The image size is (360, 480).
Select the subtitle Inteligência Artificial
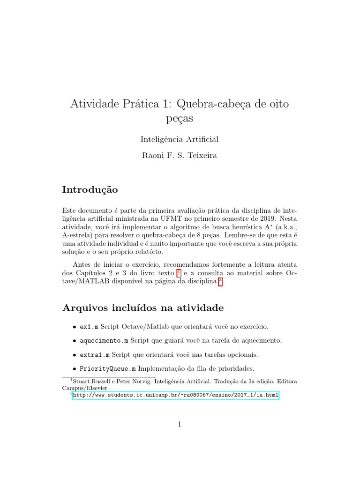point(180,139)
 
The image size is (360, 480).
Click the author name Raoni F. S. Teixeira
point(180,156)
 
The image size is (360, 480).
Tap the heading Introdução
point(90,190)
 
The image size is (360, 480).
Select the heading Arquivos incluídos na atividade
point(143,308)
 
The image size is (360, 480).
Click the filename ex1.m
point(89,326)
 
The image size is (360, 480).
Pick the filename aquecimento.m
point(104,340)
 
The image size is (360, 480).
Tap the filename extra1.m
point(94,354)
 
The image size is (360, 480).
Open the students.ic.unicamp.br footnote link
point(175,395)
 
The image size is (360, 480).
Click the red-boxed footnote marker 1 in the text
point(179,272)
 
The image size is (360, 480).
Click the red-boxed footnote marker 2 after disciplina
point(221,281)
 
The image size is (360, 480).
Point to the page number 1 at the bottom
point(180,425)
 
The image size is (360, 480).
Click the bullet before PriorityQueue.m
point(74,368)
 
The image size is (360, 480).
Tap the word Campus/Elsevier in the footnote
point(85,388)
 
